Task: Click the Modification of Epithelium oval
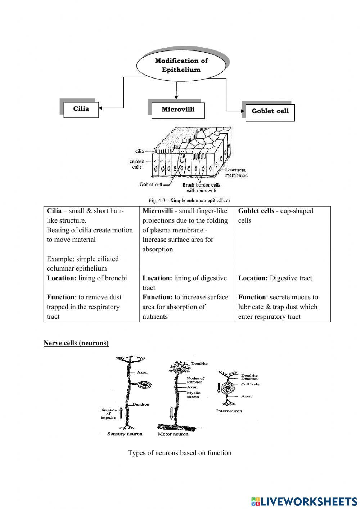tap(181, 65)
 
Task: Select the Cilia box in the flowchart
tap(81, 109)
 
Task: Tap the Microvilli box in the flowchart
tap(178, 110)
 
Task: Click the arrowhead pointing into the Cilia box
tap(100, 108)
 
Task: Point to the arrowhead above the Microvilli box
tap(176, 97)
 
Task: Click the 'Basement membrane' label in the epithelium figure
tap(236, 172)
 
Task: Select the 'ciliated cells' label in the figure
tap(137, 164)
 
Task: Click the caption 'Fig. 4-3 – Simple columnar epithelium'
tap(189, 200)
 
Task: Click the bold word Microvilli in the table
tap(158, 211)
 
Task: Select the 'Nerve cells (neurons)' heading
tap(76, 343)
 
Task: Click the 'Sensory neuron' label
tap(125, 434)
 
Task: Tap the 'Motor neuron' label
tap(173, 434)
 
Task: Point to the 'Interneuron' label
tap(229, 411)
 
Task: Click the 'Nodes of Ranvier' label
tap(195, 380)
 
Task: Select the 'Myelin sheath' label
tap(194, 394)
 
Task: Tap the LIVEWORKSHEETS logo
tap(304, 501)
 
